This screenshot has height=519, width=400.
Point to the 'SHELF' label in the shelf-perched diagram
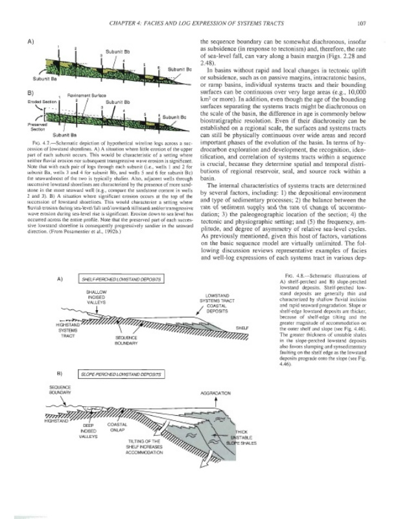pos(242,328)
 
